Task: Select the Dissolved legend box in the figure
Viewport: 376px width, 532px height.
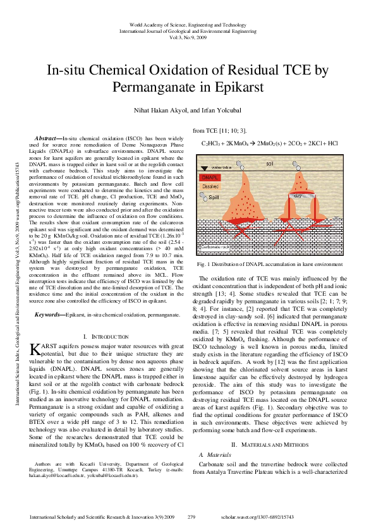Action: (211, 187)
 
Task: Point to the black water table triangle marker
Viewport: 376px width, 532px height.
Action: (203, 168)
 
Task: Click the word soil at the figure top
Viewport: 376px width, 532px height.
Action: (270, 164)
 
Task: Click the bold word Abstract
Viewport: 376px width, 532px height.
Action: (46, 137)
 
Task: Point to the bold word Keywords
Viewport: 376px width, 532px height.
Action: (49, 314)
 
